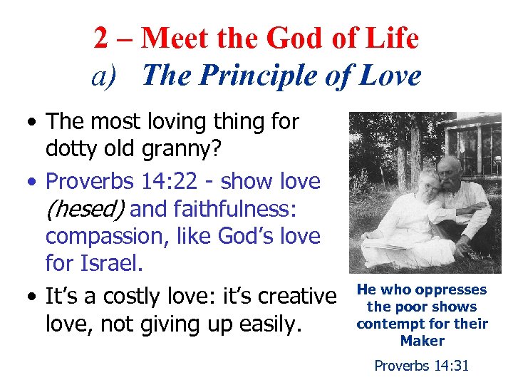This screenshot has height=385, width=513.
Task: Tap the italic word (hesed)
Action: pos(85,210)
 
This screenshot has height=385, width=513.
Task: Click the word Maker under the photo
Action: pos(422,341)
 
